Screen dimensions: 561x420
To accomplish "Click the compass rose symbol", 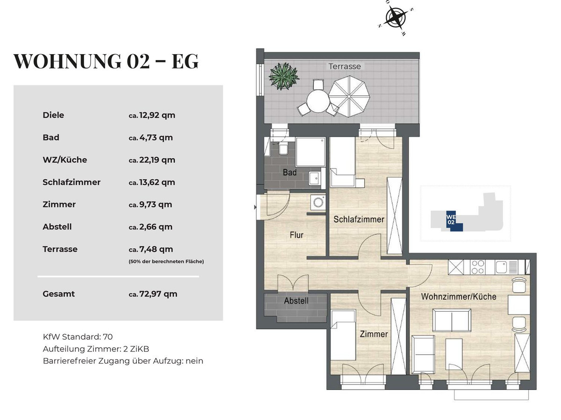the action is pos(396,17).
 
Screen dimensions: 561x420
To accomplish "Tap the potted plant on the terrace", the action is pos(284,76).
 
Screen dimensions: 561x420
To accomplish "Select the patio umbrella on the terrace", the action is pos(349,96).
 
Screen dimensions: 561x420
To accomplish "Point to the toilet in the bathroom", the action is pos(283,147).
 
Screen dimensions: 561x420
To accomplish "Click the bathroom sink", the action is pos(315,178).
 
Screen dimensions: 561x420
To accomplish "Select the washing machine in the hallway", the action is pos(318,203).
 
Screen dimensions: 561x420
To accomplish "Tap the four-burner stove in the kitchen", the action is pos(477,267).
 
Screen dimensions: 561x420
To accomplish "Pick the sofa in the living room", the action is pos(452,320).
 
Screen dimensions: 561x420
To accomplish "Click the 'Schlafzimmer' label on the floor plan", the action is pos(359,219).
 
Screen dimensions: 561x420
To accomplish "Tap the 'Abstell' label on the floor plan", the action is pos(296,301).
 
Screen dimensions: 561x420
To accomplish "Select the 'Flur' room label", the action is pos(296,235).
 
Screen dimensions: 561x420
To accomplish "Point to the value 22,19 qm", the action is pos(157,160).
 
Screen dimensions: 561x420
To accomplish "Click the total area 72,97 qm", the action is pos(158,294).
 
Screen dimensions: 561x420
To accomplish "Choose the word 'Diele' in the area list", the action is pos(53,115).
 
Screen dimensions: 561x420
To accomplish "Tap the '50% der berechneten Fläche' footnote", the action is pos(166,261).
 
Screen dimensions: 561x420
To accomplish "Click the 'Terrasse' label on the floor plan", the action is pos(345,66).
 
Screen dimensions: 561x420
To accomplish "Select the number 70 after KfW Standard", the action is pos(108,336).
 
